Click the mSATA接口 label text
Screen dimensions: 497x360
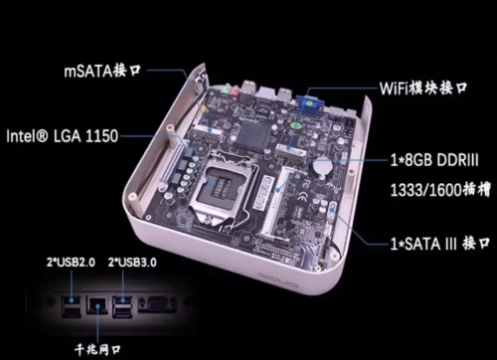point(102,71)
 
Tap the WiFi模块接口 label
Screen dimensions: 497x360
point(423,89)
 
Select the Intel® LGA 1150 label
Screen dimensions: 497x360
point(63,136)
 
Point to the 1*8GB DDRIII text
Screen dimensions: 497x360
point(434,160)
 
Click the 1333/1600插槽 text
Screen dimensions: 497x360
point(440,190)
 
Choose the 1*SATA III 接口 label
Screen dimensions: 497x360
point(440,244)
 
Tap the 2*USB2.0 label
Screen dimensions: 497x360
point(71,263)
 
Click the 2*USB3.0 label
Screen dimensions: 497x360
point(132,263)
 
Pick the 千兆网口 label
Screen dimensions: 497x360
point(97,349)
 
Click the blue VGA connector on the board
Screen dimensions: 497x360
point(309,103)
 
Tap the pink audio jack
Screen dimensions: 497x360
point(235,91)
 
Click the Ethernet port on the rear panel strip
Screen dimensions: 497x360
point(96,305)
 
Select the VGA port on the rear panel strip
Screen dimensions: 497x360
point(157,304)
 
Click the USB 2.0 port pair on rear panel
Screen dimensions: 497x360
point(72,306)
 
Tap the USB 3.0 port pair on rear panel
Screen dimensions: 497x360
point(122,306)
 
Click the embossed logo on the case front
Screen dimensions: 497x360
point(278,278)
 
